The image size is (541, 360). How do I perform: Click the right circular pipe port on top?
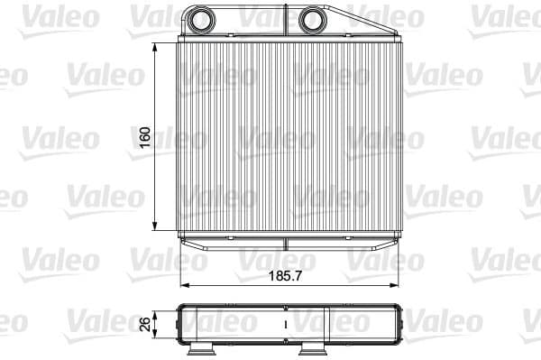[x=313, y=18]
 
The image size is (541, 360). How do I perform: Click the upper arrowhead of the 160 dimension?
[x=159, y=45]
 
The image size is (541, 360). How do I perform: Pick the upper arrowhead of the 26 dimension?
[x=159, y=309]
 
